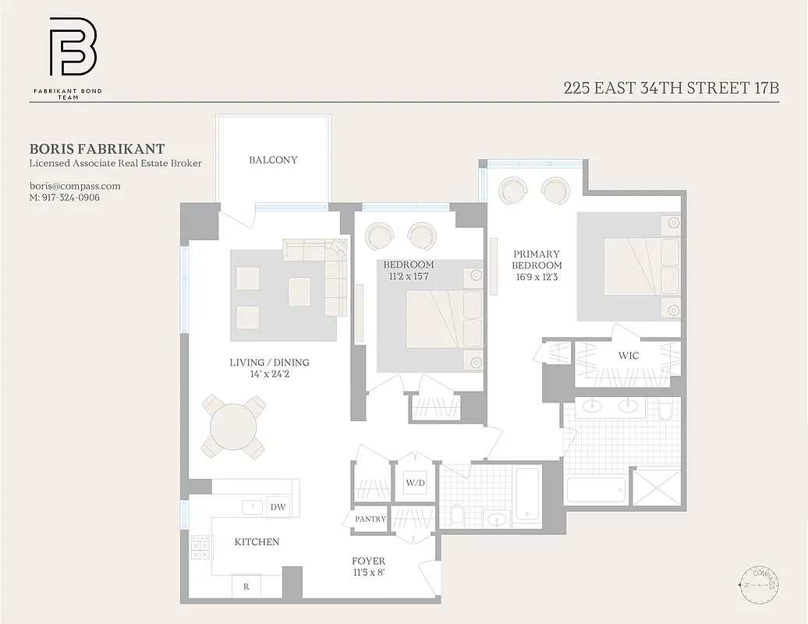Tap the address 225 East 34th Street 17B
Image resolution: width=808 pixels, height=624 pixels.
click(x=672, y=87)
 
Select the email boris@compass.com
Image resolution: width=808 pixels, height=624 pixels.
click(x=75, y=186)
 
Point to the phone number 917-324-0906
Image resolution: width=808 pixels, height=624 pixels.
click(x=65, y=197)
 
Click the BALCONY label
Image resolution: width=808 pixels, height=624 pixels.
click(x=273, y=160)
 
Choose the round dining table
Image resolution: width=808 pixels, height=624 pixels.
click(x=233, y=427)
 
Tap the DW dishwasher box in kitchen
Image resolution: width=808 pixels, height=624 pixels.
click(x=278, y=506)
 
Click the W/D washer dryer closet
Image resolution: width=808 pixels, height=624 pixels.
click(x=415, y=483)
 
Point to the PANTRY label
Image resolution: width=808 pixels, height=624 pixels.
click(x=370, y=519)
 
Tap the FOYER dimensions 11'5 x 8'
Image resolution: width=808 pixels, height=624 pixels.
click(x=368, y=573)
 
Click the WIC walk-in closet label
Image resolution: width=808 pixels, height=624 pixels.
click(x=629, y=356)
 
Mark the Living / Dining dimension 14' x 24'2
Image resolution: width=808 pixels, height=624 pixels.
click(x=269, y=374)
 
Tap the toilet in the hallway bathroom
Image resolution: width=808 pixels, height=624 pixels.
click(x=458, y=514)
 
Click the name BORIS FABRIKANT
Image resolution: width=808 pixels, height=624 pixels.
click(x=97, y=148)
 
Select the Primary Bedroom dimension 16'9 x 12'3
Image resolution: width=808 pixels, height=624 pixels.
click(x=537, y=277)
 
